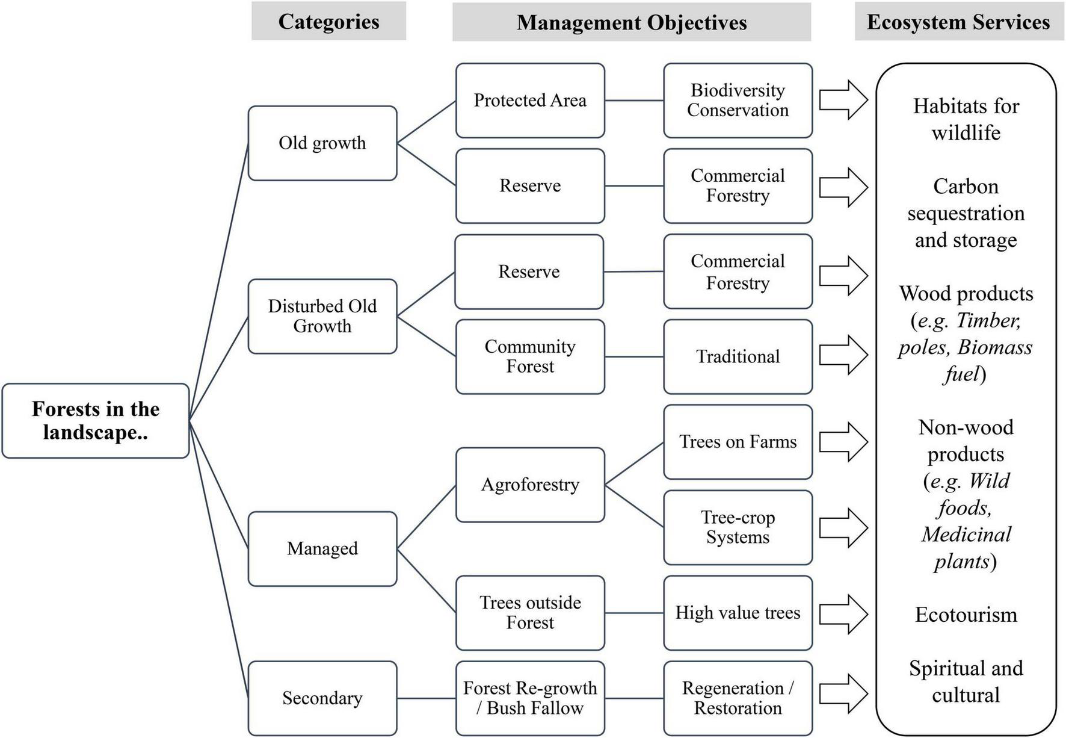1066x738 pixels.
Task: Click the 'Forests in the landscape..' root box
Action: pos(96,421)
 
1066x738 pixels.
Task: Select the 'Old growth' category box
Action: pos(322,143)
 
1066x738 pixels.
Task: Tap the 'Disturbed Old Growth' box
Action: pos(322,316)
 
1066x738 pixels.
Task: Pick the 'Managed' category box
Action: pos(322,548)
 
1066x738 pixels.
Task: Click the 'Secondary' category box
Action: pos(322,698)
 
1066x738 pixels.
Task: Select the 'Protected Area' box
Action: pos(530,101)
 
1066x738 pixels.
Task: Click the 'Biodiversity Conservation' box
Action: pos(738,101)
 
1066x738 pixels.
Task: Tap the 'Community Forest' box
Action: pos(530,356)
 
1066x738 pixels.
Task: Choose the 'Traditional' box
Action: pos(738,356)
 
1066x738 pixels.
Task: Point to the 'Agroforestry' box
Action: pos(530,485)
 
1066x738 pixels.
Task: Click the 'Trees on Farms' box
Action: pos(738,442)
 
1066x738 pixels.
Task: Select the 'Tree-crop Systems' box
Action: pos(738,527)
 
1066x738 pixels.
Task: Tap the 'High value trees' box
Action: pos(738,613)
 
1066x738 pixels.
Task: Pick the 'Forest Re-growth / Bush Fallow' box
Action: pos(530,698)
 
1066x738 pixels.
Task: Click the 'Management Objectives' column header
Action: pos(632,22)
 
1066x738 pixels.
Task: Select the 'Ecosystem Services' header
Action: pos(958,22)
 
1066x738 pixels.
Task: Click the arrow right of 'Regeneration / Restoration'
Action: pos(843,693)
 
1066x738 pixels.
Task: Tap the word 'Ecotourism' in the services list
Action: pos(966,615)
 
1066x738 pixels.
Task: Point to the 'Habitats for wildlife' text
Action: pos(966,119)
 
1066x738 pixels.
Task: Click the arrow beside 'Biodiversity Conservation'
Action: pos(843,100)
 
